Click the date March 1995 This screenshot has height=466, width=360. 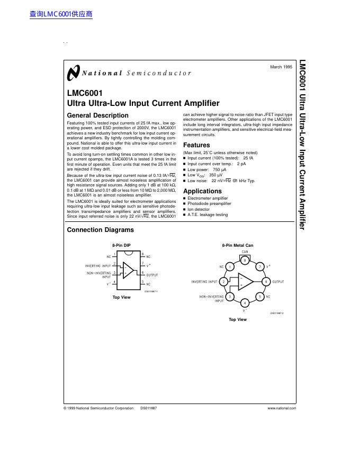point(281,67)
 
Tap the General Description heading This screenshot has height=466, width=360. point(97,115)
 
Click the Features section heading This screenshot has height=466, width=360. point(196,145)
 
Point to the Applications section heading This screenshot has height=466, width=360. point(202,191)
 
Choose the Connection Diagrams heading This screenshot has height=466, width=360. point(100,230)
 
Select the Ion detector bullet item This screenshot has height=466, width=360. point(199,209)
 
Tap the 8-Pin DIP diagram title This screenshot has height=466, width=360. point(121,246)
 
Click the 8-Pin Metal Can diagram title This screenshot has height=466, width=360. point(237,246)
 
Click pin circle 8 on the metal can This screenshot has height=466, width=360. point(245,261)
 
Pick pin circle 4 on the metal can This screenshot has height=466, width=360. point(245,303)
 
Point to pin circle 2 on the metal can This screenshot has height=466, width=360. point(224,282)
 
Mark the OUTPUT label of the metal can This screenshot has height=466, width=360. point(278,282)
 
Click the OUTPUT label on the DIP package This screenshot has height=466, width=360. point(152,275)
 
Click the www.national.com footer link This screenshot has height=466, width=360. point(282,408)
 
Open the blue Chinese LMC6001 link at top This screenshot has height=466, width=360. point(61,14)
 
